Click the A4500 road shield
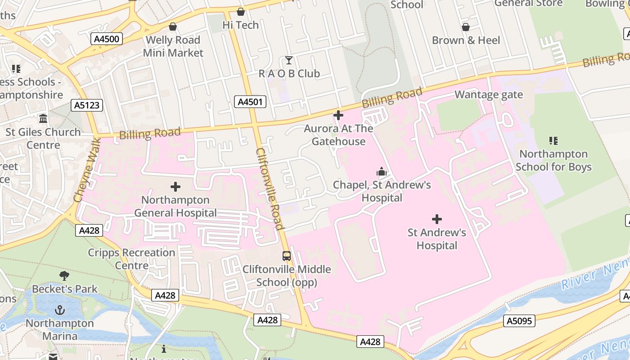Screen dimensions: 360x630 pos(107,39)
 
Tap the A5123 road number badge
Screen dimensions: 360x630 pos(87,105)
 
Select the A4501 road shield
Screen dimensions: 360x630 pos(250,102)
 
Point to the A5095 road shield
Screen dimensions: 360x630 pos(519,321)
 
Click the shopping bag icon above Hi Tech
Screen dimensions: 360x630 pos(241,12)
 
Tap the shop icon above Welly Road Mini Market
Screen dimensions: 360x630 pos(172,27)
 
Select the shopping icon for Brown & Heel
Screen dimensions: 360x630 pos(466,27)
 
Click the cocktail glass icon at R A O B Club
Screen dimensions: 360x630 pos(289,60)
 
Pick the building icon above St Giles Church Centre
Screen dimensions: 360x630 pos(43,119)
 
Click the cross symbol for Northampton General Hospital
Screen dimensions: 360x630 pos(175,187)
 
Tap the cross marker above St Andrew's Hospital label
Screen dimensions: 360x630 pos(436,219)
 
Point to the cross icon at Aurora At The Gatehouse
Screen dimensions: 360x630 pos(338,115)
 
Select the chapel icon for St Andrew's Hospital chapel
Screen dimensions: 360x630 pos(382,171)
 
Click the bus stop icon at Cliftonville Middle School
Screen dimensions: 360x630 pos(287,256)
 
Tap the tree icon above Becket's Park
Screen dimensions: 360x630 pos(64,275)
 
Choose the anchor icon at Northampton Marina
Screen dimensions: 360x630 pos(59,310)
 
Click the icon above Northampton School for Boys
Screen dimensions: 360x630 pos(553,141)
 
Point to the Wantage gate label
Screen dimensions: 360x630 pos(489,94)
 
